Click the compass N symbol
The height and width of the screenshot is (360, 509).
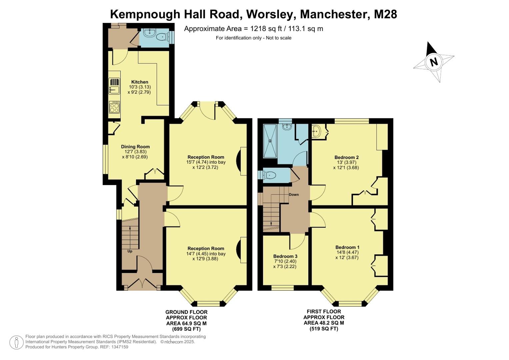[433, 62]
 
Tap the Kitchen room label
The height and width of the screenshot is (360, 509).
[140, 82]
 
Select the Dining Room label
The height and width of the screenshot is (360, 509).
[135, 147]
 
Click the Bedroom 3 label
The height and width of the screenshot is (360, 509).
[285, 256]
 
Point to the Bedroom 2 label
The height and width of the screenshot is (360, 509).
[346, 157]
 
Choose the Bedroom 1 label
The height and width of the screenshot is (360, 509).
[347, 247]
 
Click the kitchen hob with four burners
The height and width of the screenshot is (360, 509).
[114, 107]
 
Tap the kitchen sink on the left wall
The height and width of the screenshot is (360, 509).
[114, 89]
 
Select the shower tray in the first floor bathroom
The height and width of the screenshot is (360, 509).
[270, 141]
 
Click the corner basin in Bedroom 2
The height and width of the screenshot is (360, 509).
[317, 131]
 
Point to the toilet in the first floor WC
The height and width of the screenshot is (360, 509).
[269, 175]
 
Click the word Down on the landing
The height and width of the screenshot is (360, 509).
[294, 195]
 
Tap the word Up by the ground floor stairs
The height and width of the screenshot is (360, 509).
[130, 251]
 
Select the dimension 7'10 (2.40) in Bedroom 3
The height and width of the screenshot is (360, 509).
[285, 261]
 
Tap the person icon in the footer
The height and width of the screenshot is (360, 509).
[16, 342]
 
